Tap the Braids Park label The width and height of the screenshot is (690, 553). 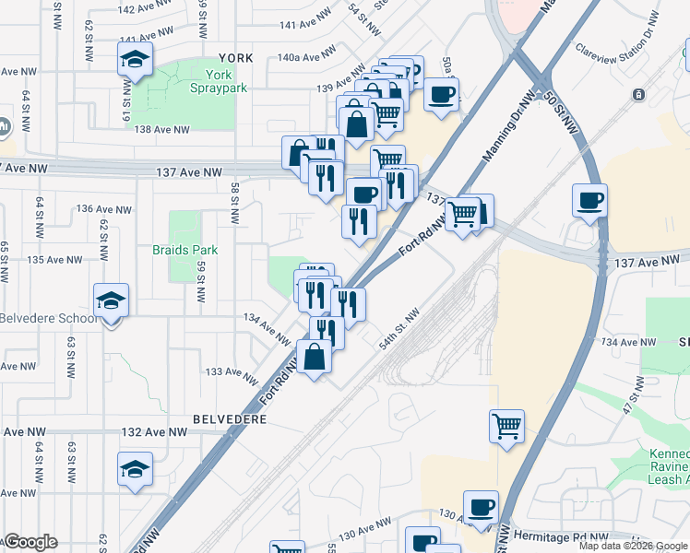click(184, 250)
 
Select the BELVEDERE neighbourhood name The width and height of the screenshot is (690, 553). click(230, 418)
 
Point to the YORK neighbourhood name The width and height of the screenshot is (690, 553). click(235, 57)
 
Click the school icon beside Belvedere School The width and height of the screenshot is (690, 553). click(111, 300)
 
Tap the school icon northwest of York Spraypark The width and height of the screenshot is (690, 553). click(135, 61)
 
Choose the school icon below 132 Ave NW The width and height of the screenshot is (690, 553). click(135, 469)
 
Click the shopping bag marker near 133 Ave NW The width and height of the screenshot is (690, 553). click(315, 356)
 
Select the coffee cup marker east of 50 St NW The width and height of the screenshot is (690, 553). click(589, 200)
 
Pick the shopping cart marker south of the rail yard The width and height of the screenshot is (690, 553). click(506, 426)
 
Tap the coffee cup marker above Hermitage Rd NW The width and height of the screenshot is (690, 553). click(480, 507)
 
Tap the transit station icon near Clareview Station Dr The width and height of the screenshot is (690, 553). click(637, 95)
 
